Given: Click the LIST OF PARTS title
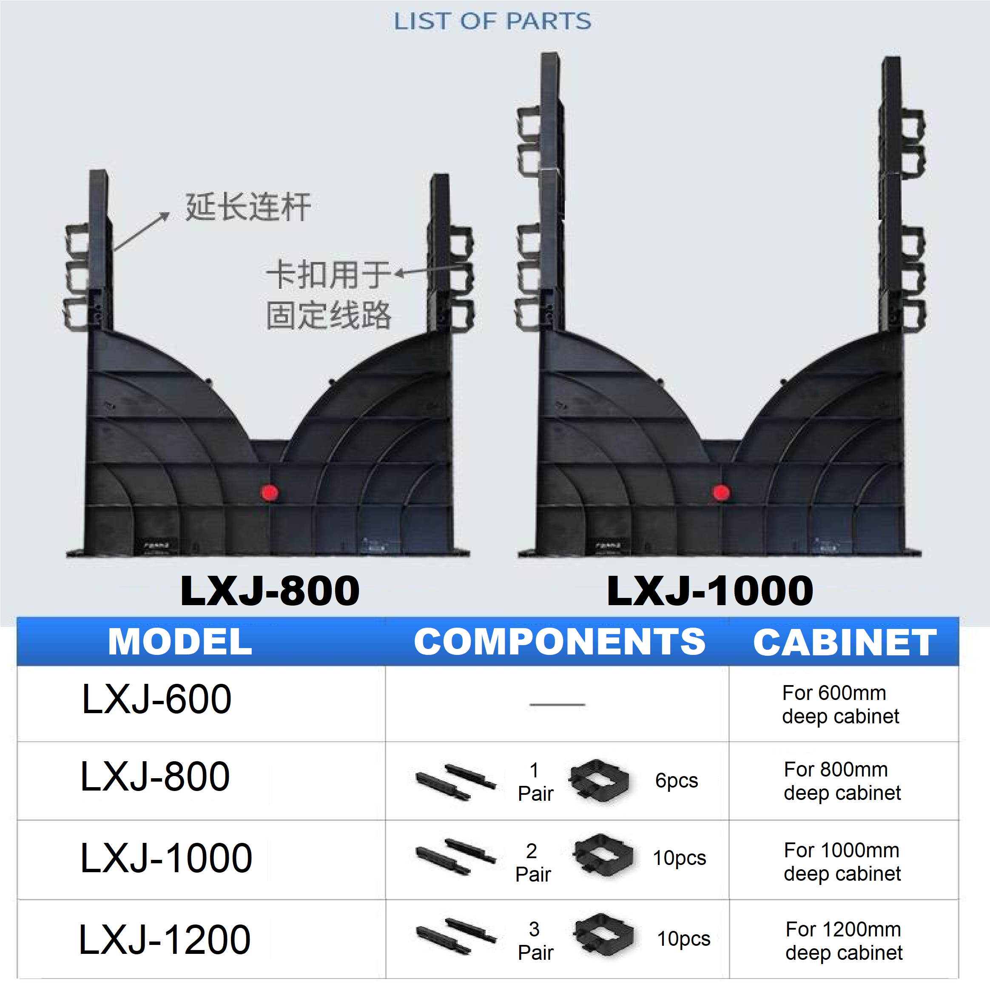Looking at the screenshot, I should click(492, 22).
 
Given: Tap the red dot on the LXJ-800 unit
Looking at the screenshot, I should click(270, 492).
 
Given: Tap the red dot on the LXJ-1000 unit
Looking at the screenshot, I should click(721, 492).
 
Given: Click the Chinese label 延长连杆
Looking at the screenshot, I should click(248, 207).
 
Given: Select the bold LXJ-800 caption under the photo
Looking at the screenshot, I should click(270, 591).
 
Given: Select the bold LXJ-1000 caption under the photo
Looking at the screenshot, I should click(710, 591).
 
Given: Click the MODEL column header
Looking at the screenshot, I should click(180, 642).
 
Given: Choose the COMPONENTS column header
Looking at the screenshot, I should click(560, 642).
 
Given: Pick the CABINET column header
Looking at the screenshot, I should click(845, 642).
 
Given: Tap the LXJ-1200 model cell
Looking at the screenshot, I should click(165, 939).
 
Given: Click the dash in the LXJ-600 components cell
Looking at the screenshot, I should click(557, 705).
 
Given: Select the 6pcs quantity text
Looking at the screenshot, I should click(677, 780).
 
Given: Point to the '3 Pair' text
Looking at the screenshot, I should click(535, 941).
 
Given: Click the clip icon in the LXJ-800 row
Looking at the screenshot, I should click(598, 780).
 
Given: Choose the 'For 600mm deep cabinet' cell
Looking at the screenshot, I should click(840, 705).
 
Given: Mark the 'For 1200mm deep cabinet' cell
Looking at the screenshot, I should click(843, 941).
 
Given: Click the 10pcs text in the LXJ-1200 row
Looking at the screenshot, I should click(683, 939).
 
